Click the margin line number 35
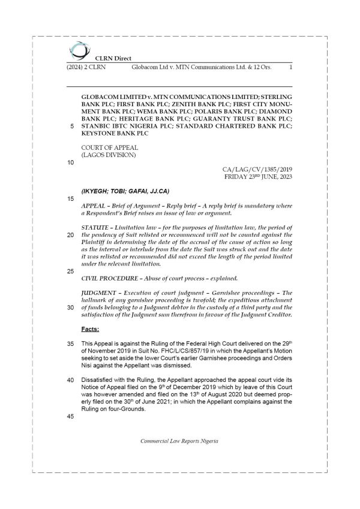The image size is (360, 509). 71,344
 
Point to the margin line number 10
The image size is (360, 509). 71,162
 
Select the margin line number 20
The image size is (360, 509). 71,235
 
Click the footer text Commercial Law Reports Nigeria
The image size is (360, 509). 179,441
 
